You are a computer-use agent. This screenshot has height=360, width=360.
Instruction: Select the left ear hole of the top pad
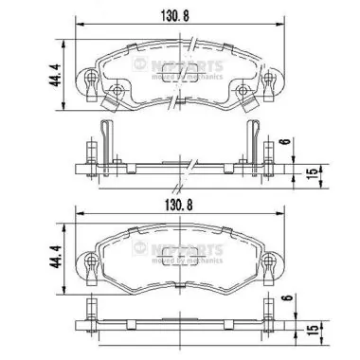(x=89, y=80)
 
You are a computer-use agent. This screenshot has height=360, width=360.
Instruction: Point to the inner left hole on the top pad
(x=119, y=92)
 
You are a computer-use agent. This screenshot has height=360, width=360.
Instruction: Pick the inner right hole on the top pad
(x=243, y=92)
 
